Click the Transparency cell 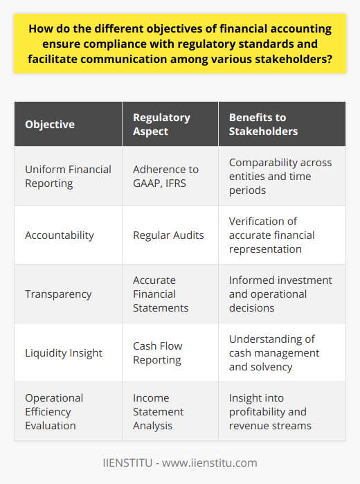click(x=57, y=293)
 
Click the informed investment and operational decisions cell click(x=280, y=293)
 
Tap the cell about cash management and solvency click(x=277, y=352)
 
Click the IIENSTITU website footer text click(x=180, y=463)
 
